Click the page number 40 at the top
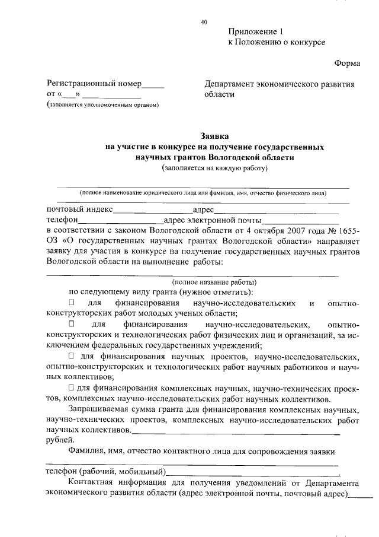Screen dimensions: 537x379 click(x=204, y=22)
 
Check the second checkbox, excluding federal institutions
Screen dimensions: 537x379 click(x=72, y=325)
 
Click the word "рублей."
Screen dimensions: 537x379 click(x=60, y=440)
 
